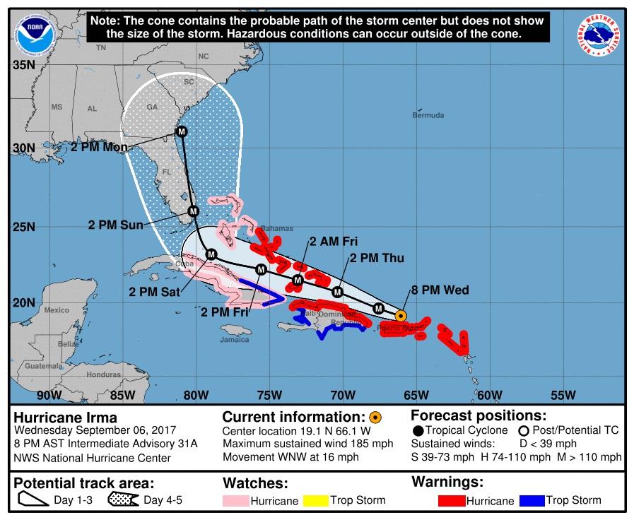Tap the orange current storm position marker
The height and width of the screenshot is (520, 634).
(401, 316)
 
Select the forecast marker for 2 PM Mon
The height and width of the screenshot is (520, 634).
(182, 131)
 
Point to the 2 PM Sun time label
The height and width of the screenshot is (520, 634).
(115, 225)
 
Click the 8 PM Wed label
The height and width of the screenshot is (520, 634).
(440, 290)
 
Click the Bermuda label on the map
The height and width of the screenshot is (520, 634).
(428, 115)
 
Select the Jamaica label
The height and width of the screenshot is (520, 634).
(235, 339)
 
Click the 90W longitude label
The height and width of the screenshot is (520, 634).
(48, 394)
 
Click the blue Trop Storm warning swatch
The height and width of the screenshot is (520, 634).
(532, 501)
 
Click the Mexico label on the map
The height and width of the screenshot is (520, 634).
(57, 310)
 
